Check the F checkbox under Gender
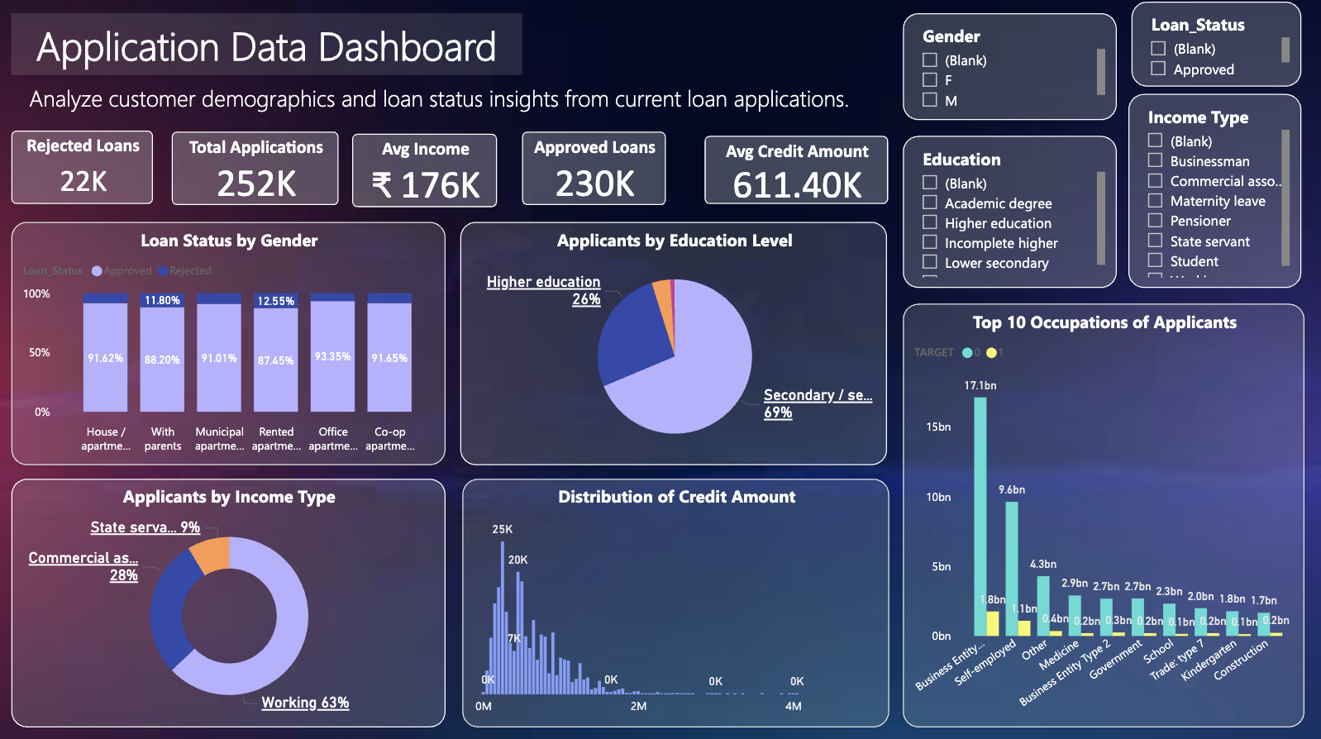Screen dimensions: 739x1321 tap(930, 80)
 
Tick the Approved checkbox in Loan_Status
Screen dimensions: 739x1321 tap(1158, 69)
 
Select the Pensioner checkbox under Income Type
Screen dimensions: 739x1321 tap(1155, 220)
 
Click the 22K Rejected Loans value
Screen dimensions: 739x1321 tap(83, 181)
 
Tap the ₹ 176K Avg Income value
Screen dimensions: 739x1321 tap(426, 185)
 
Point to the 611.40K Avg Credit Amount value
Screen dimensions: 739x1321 tap(797, 185)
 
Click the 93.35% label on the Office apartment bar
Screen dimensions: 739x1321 tap(332, 356)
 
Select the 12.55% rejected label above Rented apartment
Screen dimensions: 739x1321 tap(276, 301)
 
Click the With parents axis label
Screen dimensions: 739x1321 tap(163, 438)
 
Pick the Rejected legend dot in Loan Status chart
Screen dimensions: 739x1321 tap(164, 271)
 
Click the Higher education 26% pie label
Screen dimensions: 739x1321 tap(544, 290)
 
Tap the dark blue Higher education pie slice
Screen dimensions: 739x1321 tap(632, 335)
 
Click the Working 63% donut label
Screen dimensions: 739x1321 tap(305, 703)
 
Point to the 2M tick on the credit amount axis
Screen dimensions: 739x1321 tap(638, 706)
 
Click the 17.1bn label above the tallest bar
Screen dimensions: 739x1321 tap(980, 386)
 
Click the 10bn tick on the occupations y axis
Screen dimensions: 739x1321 tap(938, 497)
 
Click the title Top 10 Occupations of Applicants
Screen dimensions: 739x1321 tap(1104, 322)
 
